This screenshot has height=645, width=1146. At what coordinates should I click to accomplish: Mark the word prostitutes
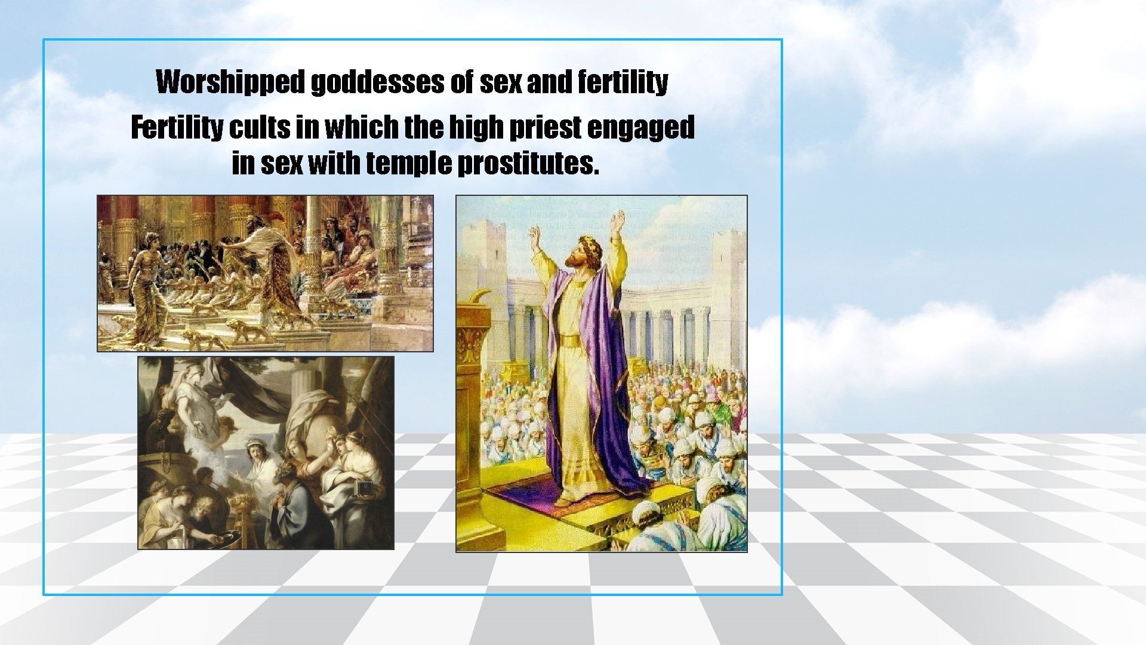coord(528,163)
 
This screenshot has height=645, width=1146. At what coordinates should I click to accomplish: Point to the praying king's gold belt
coord(572,341)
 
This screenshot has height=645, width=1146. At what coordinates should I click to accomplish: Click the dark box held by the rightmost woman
coord(365,488)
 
